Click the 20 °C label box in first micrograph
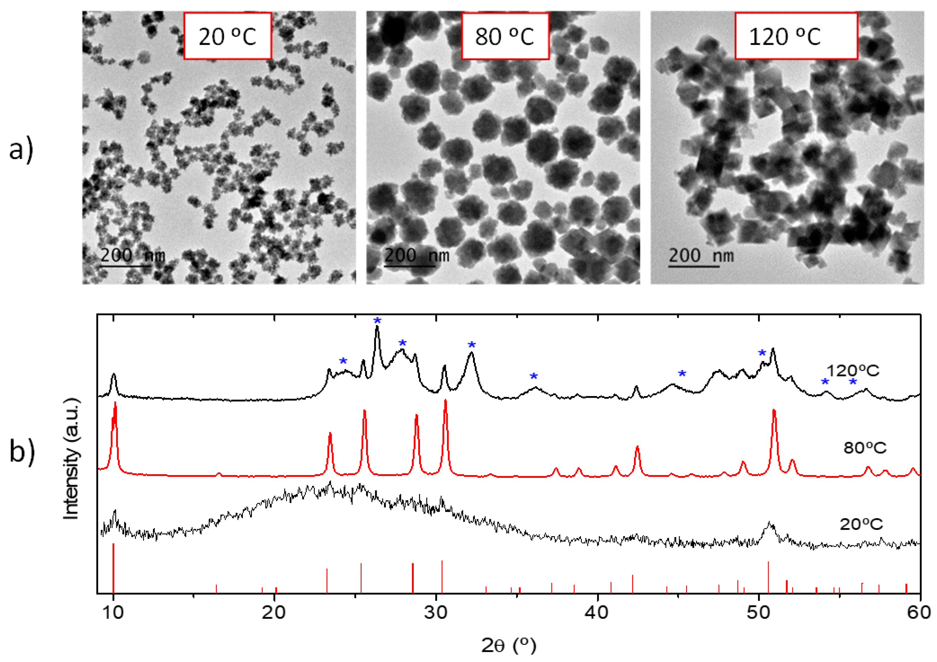[x=227, y=36]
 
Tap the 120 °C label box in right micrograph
[x=796, y=36]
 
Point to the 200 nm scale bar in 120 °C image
[x=694, y=267]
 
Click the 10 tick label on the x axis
[x=113, y=613]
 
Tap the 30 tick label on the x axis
[x=436, y=613]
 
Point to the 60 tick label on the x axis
[x=920, y=613]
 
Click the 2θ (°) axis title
[x=509, y=645]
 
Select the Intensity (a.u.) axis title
[x=71, y=459]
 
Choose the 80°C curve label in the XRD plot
[x=865, y=448]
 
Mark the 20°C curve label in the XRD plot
[x=861, y=524]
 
